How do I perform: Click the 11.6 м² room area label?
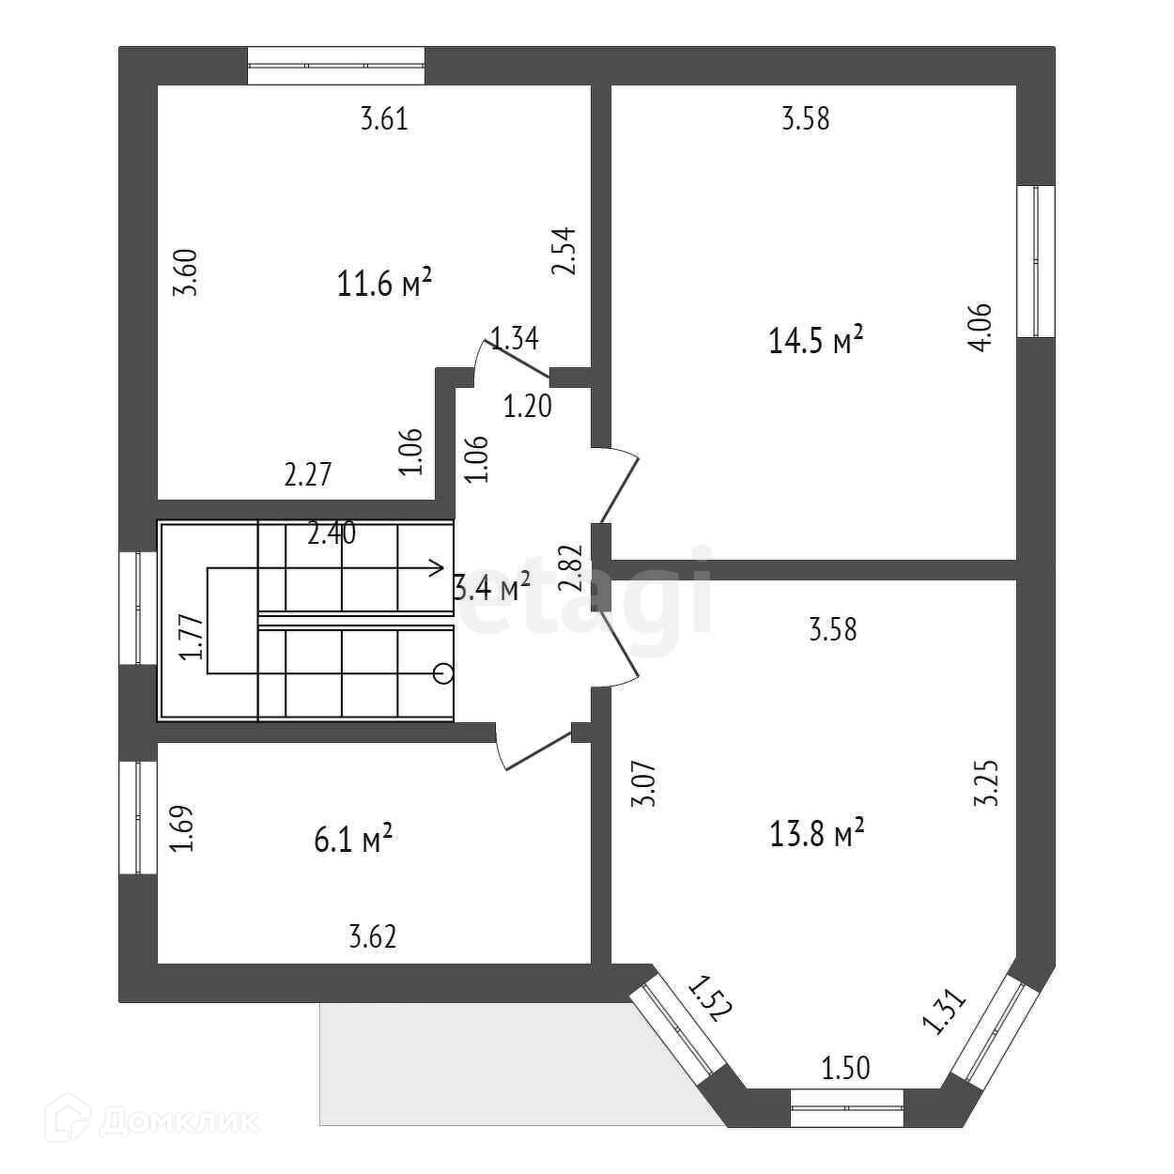(x=384, y=283)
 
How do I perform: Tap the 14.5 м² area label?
(x=816, y=341)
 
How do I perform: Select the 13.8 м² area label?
(x=816, y=832)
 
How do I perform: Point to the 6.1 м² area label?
(x=352, y=840)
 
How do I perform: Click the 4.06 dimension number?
(x=979, y=328)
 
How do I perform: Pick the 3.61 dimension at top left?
(x=384, y=120)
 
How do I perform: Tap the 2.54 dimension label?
(x=564, y=251)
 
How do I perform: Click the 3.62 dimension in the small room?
(x=372, y=936)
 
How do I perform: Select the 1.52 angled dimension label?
(x=709, y=998)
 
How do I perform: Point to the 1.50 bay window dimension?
(x=845, y=1068)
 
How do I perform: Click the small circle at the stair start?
(x=443, y=672)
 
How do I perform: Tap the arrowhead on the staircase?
(x=437, y=566)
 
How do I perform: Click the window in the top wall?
(x=336, y=66)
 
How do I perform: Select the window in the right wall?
(x=1036, y=261)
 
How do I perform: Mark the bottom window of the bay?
(x=846, y=1107)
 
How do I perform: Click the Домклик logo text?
(x=178, y=1120)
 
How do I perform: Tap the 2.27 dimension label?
(x=308, y=473)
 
